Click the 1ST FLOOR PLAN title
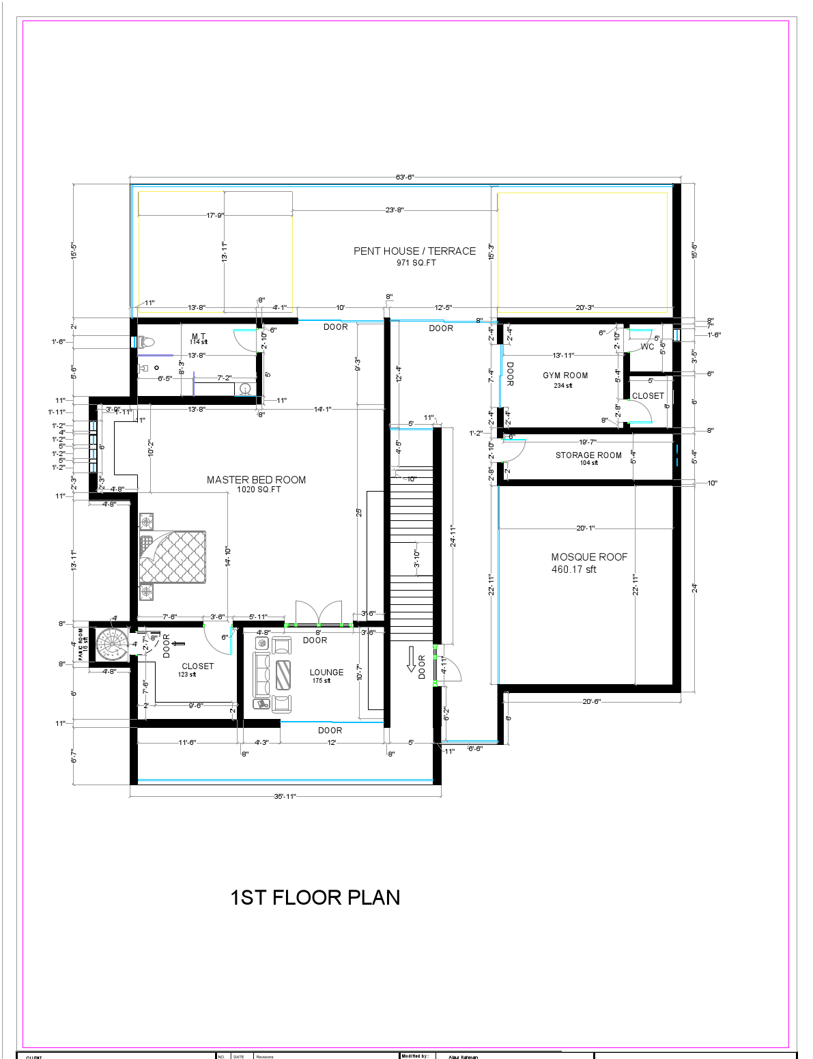[315, 897]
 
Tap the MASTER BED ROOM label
[256, 480]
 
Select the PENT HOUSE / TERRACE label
[414, 251]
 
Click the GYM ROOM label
[565, 376]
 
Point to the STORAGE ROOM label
[588, 455]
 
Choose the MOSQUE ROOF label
[589, 557]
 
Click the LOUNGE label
[326, 673]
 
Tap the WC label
[647, 347]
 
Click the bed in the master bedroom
[173, 556]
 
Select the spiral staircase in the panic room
[111, 645]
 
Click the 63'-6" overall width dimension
[405, 178]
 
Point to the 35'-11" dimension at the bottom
[285, 796]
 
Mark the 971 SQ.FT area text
[416, 263]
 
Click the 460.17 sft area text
[573, 569]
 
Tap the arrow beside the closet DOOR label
[180, 643]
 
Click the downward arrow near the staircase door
[411, 659]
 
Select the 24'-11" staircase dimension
[452, 536]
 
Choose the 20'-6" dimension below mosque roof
[591, 702]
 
